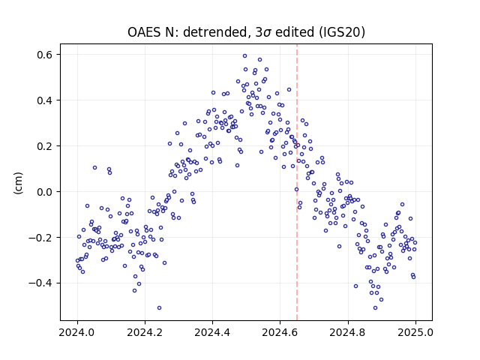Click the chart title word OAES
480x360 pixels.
click(145, 32)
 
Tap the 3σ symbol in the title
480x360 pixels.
click(263, 32)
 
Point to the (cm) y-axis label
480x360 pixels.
click(18, 183)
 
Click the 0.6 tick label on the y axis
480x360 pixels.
click(45, 55)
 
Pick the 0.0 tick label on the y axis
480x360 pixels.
click(45, 192)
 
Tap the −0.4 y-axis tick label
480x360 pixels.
click(40, 283)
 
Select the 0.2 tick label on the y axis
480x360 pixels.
click(45, 146)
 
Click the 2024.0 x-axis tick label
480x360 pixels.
click(77, 332)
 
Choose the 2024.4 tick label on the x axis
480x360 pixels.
click(212, 332)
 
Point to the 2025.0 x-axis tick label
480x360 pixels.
click(415, 332)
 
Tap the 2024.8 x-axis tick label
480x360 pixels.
click(348, 332)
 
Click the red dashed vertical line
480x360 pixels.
click(297, 182)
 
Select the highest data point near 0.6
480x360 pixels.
click(245, 56)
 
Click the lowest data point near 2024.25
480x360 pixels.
click(159, 307)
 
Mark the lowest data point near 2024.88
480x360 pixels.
click(375, 307)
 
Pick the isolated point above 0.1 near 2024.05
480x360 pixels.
click(95, 168)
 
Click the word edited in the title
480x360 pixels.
click(295, 32)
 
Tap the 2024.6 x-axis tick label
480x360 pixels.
click(280, 332)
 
